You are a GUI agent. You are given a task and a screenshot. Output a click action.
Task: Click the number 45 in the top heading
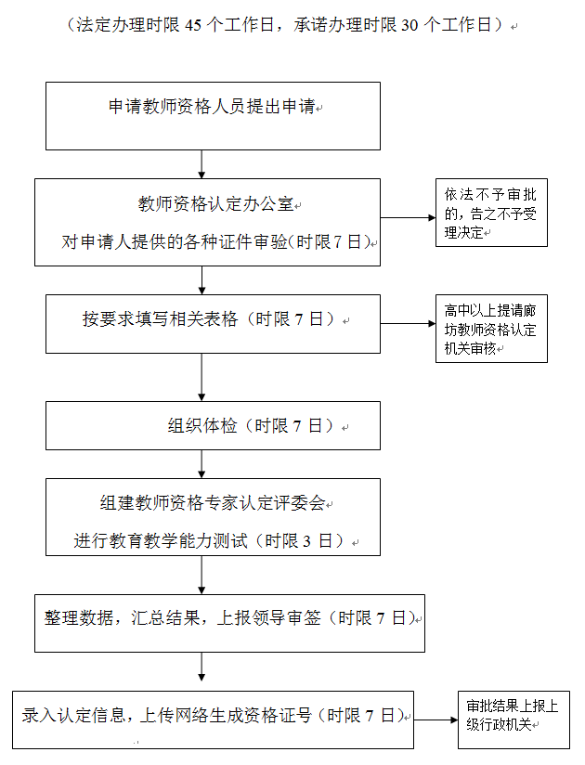coord(193,25)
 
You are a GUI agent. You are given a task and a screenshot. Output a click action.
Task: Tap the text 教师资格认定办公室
coord(214,204)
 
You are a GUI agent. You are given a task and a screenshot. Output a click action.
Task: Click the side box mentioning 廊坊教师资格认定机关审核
coord(491,329)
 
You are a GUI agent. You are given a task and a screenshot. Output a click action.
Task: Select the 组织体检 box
coord(213,426)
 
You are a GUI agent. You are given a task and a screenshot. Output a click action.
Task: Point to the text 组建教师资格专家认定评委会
coord(213,503)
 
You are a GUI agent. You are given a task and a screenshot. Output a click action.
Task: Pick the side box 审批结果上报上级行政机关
coord(513,718)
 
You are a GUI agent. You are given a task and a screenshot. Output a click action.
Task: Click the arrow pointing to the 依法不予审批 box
coord(408,218)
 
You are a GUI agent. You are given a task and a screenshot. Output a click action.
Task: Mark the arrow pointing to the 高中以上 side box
coord(408,324)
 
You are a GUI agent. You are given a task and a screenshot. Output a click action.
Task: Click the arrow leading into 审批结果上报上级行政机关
coord(435,719)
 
